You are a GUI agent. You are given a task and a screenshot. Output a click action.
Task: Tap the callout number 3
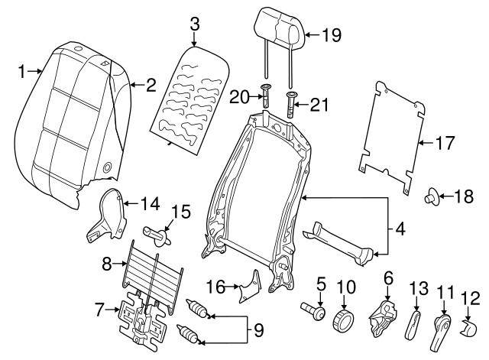(x=194, y=24)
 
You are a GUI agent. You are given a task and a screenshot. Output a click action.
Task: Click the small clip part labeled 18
(x=433, y=198)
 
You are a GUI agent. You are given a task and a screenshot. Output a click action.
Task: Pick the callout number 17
(x=445, y=142)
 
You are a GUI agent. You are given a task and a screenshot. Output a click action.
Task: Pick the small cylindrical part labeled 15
(x=157, y=233)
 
